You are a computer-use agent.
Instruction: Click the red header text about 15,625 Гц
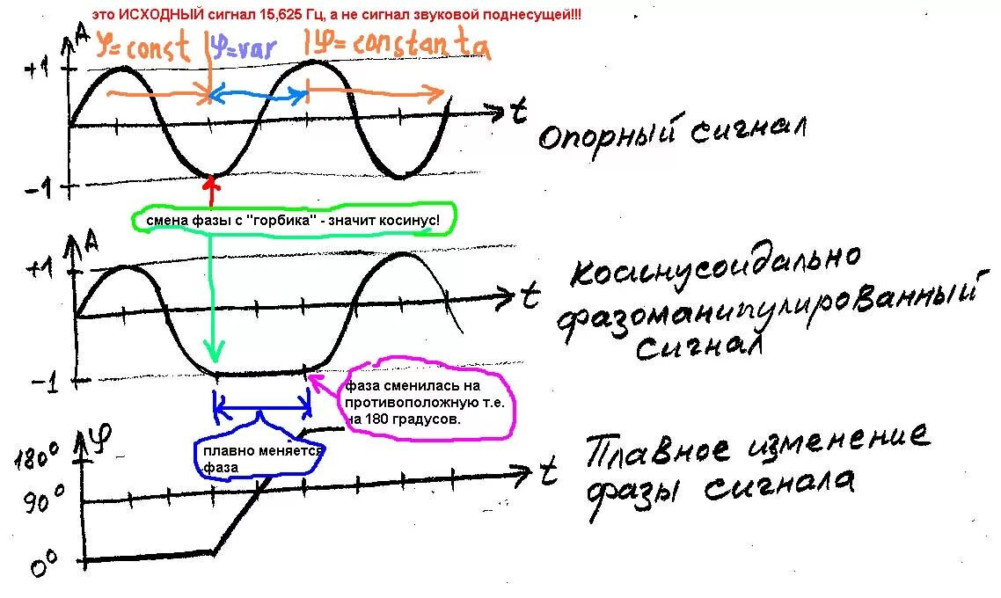click(337, 16)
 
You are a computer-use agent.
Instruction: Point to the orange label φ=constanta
click(388, 46)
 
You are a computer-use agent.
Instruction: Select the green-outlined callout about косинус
click(294, 221)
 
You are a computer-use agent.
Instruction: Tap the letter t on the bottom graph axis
click(549, 474)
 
